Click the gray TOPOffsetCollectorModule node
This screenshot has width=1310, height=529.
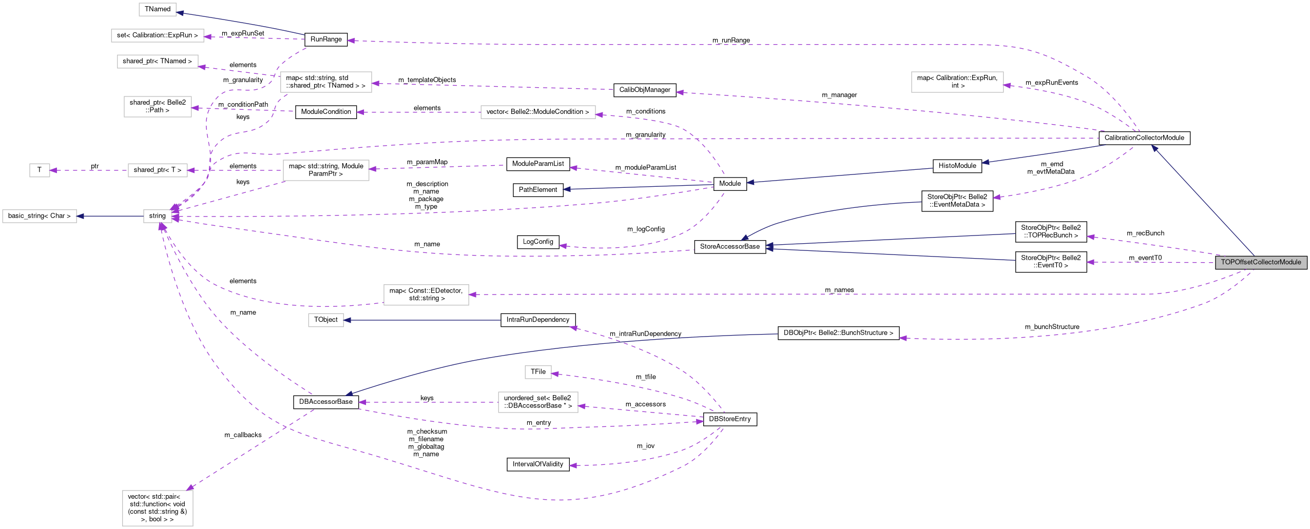[x=1261, y=262]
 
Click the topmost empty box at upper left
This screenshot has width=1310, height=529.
[x=157, y=10]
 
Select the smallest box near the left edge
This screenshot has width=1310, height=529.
[x=40, y=170]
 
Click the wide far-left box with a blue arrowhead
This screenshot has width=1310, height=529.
[x=40, y=216]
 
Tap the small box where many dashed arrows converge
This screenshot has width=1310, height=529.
[x=157, y=216]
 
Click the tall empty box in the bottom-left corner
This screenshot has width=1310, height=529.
[x=158, y=508]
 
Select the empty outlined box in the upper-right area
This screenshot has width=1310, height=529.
[x=957, y=82]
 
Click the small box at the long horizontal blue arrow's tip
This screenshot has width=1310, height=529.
[x=325, y=320]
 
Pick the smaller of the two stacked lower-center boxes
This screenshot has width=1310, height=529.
[x=538, y=372]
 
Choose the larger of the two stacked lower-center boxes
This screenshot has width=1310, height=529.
[x=538, y=402]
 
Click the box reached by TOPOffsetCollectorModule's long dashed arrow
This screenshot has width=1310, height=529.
[x=426, y=295]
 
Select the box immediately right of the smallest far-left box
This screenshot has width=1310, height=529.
[x=158, y=170]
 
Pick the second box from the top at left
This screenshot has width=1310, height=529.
[x=157, y=35]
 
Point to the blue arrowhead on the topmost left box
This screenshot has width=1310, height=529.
[x=180, y=13]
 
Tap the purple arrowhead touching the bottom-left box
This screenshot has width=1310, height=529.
[x=190, y=487]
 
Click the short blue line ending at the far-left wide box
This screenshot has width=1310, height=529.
[x=110, y=216]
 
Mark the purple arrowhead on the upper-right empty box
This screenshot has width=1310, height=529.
[x=1007, y=86]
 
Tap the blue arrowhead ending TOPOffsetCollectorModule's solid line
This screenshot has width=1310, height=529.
[x=1154, y=148]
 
